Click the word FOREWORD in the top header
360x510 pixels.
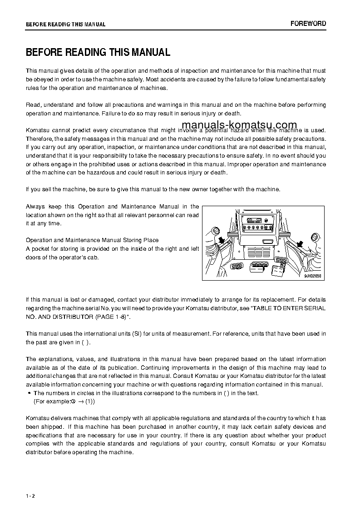[x=308, y=24]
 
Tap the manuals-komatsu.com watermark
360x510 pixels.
[x=239, y=125]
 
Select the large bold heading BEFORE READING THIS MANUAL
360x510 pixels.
[x=98, y=52]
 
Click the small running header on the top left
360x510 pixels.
[x=65, y=25]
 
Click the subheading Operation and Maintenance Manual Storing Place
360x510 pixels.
[x=92, y=240]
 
